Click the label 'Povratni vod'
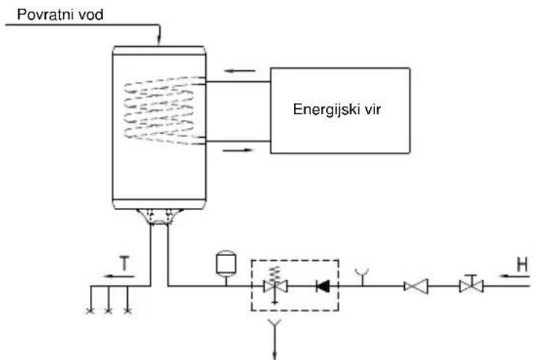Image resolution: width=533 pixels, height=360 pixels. (60, 15)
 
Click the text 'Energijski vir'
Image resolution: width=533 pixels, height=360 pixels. (337, 110)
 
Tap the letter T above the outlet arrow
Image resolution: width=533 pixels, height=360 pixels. (125, 263)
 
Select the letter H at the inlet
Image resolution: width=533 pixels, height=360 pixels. (523, 264)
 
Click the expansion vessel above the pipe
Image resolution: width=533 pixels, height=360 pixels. (226, 263)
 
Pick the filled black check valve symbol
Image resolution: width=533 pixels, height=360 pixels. (322, 286)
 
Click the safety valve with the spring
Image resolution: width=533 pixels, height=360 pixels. (276, 285)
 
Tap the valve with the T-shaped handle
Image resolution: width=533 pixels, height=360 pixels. (471, 284)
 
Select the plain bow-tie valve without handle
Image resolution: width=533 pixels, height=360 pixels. (416, 286)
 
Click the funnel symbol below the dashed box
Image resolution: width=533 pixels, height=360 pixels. (274, 324)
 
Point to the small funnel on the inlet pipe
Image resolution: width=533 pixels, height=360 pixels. (363, 274)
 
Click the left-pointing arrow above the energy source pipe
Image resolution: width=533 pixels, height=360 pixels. (240, 71)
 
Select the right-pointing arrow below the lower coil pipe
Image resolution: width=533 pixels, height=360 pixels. (238, 150)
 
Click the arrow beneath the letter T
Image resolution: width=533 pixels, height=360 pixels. (119, 277)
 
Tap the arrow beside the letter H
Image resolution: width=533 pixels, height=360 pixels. (515, 276)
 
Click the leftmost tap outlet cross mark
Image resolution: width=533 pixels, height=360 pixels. (91, 311)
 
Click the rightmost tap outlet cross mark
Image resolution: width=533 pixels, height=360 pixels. (127, 311)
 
